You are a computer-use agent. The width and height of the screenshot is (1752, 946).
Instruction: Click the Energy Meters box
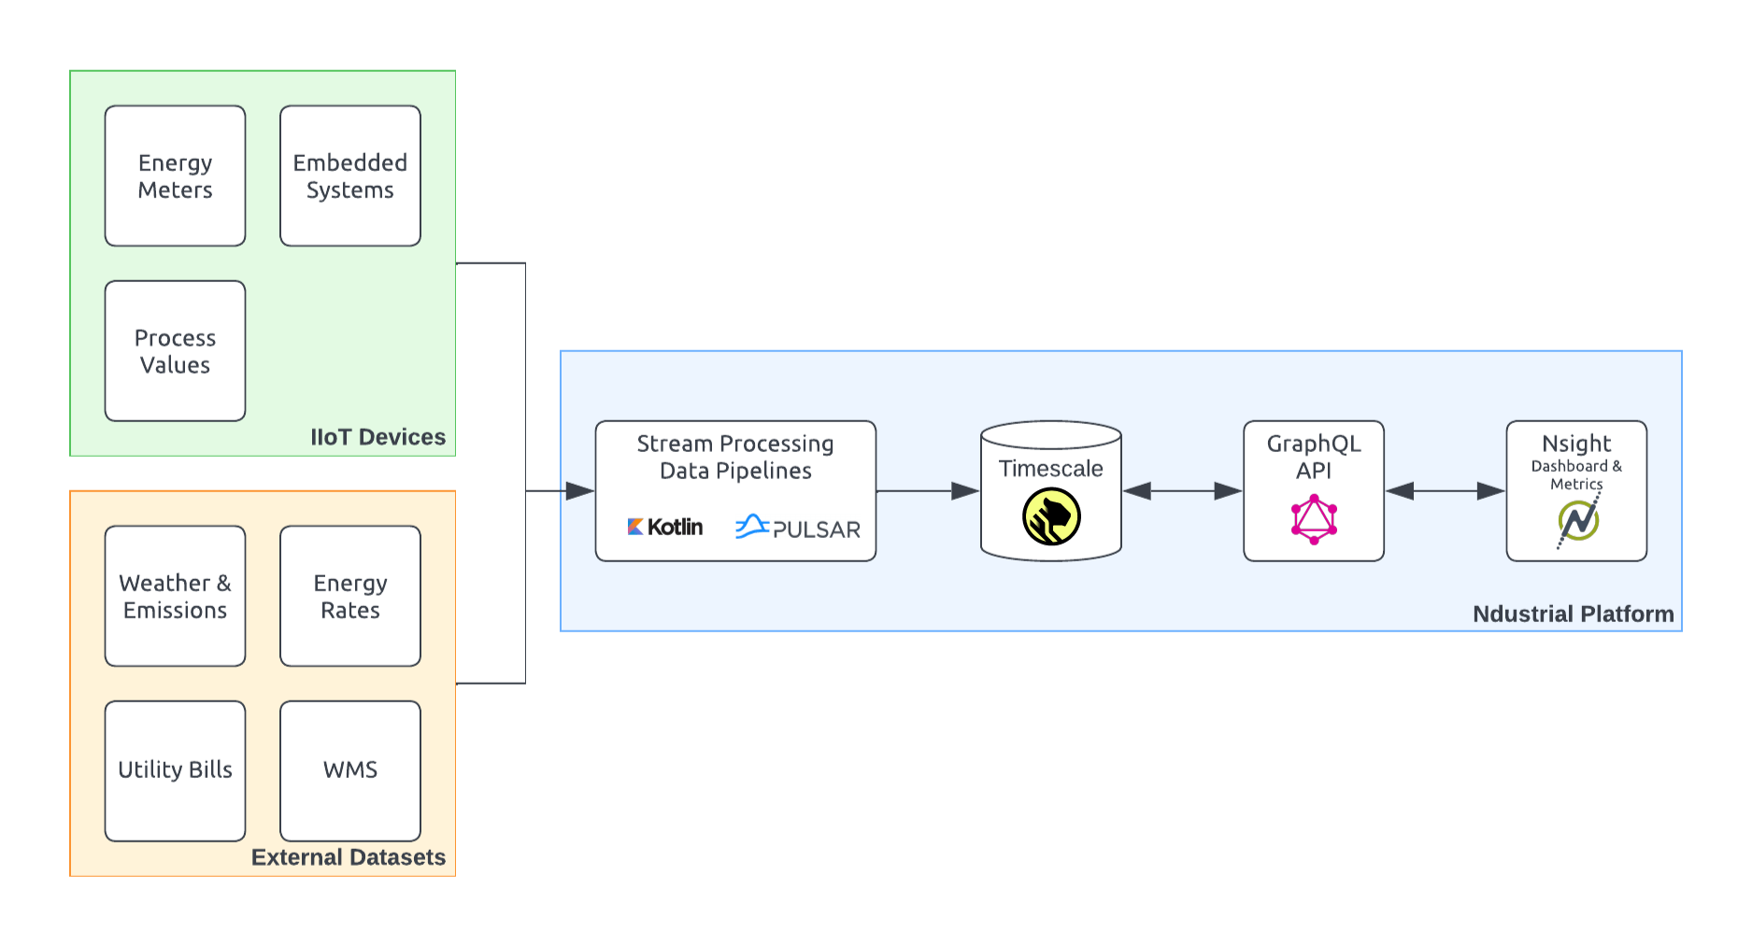[x=175, y=176]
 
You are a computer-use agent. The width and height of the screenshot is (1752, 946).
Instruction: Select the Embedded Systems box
[x=349, y=176]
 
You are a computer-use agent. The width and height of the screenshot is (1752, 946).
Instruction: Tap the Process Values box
[x=175, y=351]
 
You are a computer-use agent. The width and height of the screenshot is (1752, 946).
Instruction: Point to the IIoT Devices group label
[x=377, y=437]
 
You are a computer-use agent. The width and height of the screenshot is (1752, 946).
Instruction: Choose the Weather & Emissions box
[x=175, y=596]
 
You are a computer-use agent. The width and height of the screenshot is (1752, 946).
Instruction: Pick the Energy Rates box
[x=349, y=596]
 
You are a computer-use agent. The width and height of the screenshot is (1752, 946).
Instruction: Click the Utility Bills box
[x=175, y=770]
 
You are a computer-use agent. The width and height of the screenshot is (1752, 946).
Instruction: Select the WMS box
[x=349, y=770]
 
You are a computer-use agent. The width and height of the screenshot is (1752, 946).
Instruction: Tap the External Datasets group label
[x=348, y=857]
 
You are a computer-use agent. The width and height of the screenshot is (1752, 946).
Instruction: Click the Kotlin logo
[x=665, y=527]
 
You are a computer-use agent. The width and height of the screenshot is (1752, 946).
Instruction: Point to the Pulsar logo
[x=797, y=528]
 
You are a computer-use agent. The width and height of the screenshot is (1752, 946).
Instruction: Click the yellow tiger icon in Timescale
[x=1051, y=516]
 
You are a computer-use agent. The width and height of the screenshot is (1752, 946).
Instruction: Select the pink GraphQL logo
[x=1314, y=519]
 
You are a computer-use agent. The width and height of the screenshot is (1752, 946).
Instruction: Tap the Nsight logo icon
[x=1578, y=520]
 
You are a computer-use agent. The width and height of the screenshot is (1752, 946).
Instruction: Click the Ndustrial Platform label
[x=1573, y=614]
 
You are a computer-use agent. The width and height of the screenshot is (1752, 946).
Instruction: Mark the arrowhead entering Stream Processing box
[x=580, y=491]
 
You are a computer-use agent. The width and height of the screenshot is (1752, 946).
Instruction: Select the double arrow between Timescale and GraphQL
[x=1182, y=491]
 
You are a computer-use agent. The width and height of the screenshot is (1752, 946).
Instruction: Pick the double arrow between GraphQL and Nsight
[x=1445, y=491]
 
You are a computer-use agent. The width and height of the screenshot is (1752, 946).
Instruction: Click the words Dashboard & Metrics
[x=1576, y=474]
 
